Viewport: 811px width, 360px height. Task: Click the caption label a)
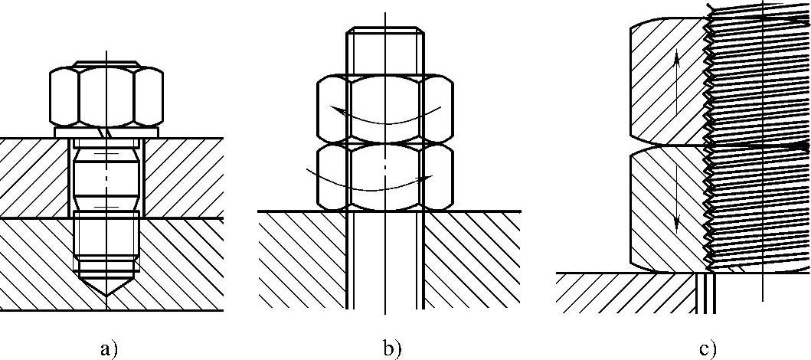coord(109,349)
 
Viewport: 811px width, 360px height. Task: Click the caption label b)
coord(391,349)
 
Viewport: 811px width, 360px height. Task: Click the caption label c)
coord(707,349)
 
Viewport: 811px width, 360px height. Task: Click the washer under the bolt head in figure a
coord(106,133)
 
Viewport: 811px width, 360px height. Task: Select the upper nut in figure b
coord(384,107)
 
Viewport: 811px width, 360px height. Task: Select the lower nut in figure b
coord(384,176)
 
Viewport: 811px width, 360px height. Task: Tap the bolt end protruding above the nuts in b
coord(384,51)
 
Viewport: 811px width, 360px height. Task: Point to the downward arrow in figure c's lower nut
coord(677,207)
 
